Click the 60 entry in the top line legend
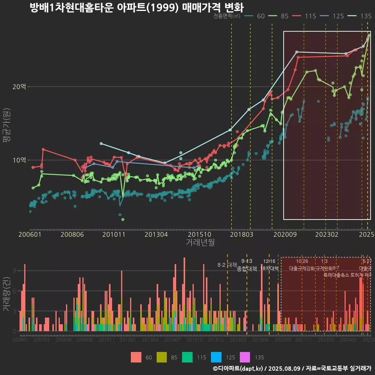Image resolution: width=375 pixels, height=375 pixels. point(261,16)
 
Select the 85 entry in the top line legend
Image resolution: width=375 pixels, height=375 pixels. point(284,16)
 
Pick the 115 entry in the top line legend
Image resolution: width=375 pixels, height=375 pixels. point(310,16)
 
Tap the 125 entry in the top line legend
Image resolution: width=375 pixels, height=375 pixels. point(338,16)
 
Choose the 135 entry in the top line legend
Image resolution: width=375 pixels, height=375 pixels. point(366,16)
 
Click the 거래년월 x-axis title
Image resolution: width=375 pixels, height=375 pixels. point(200,243)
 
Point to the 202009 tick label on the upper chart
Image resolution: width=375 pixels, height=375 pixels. point(284,234)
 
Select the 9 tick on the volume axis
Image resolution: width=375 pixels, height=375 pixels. point(14,271)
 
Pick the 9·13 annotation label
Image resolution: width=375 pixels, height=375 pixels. point(246,261)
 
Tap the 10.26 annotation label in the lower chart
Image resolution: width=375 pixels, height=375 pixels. point(302,261)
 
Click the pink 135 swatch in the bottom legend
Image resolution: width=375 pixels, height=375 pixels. point(245,357)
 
